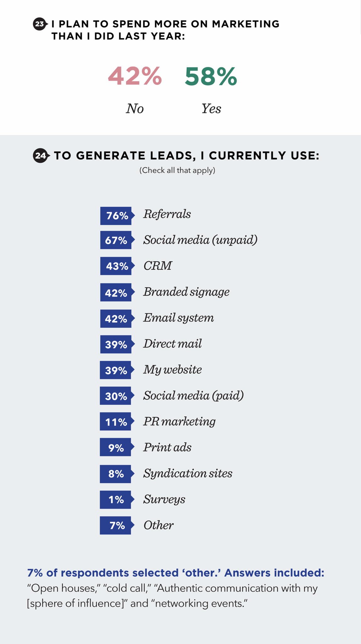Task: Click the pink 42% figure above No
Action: coord(135,76)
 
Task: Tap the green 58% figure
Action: coord(211,76)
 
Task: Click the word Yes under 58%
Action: coord(211,109)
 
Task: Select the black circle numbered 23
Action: coord(40,24)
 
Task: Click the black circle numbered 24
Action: coord(40,156)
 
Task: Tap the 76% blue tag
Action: coord(116,216)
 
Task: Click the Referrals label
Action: coord(167,214)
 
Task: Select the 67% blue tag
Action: coord(116,240)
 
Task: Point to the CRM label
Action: coord(158,266)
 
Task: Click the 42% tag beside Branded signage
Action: coord(116,293)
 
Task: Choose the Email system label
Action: coord(178,318)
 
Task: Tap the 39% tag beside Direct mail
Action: coord(116,345)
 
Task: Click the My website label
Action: coord(172,369)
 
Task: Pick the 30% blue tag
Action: coord(116,396)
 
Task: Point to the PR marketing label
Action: coord(179,422)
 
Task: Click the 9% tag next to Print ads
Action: coord(116,447)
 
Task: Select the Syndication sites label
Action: coord(188,474)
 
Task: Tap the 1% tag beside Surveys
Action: coord(116,499)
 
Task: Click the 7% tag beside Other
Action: coord(116,525)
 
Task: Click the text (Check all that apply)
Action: coord(177,170)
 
